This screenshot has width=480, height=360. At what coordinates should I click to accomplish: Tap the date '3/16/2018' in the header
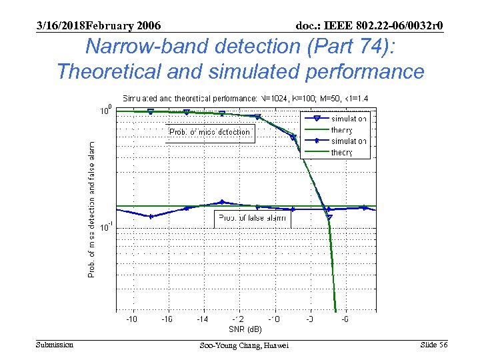[x=61, y=25]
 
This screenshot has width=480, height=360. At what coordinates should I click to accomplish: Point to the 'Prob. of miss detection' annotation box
[x=210, y=132]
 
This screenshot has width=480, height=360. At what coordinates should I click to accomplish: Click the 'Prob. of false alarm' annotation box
[x=252, y=218]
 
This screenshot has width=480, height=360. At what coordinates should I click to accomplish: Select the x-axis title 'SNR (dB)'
[x=245, y=329]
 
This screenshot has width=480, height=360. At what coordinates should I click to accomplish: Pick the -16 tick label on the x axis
[x=167, y=319]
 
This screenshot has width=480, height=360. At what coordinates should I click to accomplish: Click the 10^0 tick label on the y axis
[x=105, y=111]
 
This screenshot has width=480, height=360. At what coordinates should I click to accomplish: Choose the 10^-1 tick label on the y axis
[x=105, y=227]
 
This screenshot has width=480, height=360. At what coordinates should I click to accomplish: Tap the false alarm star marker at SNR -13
[x=222, y=202]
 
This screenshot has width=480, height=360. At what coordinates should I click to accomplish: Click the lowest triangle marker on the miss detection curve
[x=329, y=217]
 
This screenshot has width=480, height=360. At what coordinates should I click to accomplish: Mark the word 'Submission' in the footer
[x=55, y=345]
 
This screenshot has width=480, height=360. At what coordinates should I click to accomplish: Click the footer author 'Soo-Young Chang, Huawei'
[x=244, y=345]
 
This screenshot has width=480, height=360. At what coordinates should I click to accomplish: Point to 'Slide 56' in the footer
[x=434, y=345]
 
